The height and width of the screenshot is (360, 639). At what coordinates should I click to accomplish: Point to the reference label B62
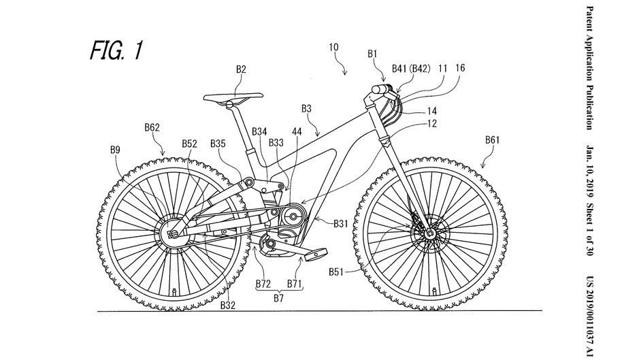pyautogui.click(x=152, y=127)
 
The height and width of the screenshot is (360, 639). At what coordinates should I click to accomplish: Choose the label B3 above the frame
pyautogui.click(x=306, y=108)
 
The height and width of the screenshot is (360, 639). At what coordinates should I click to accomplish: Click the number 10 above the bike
pyautogui.click(x=333, y=47)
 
